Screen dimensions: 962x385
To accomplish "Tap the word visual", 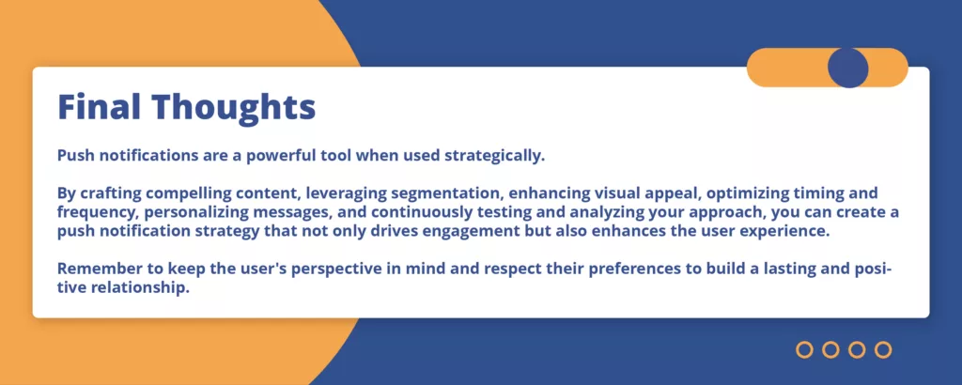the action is click(617, 193).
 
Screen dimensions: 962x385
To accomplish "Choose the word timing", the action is click(825, 194).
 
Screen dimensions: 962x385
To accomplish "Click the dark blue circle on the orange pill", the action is click(848, 68).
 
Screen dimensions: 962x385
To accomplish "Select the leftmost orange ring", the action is click(804, 350).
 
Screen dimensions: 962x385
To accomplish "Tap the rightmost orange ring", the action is click(883, 350).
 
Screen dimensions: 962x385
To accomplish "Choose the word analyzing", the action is click(660, 213).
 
